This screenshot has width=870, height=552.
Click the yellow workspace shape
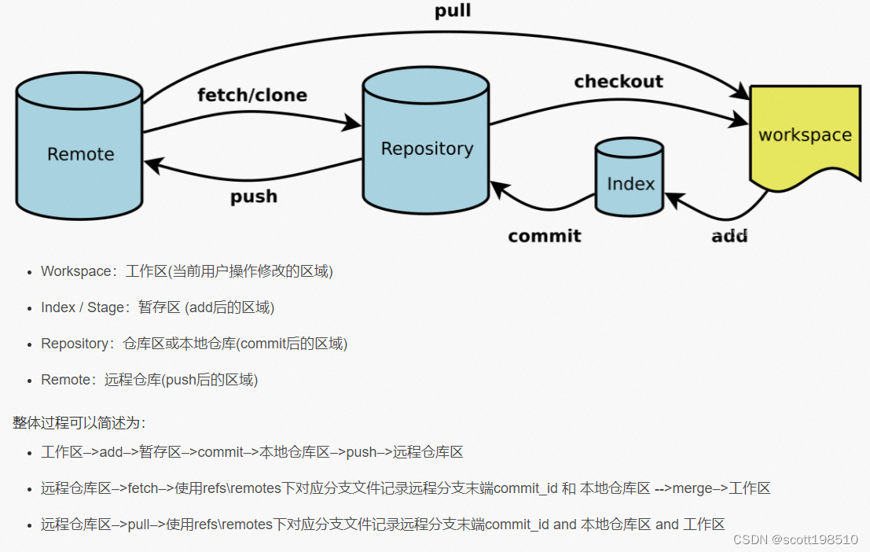point(804,135)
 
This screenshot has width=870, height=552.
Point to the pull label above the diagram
point(453,11)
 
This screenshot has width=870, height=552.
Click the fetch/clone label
point(251,96)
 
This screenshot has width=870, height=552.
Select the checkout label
point(619,82)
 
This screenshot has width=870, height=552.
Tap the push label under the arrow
point(254,197)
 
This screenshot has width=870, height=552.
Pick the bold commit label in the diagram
point(545,236)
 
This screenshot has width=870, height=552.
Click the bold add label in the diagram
point(729,236)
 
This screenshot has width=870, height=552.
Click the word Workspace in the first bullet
point(76,271)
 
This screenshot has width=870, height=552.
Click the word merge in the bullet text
point(692,488)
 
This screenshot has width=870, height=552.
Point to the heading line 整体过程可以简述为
point(79,423)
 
